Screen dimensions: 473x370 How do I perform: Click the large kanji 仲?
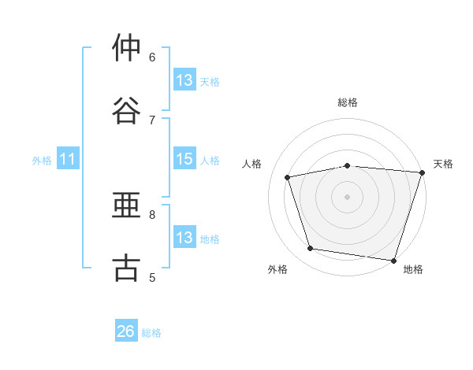coord(126,47)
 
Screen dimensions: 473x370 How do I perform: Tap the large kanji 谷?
coord(126,110)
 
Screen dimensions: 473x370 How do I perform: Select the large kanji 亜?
coord(126,205)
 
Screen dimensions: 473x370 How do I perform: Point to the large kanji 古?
coord(126,267)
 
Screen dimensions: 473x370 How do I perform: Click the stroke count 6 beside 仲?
coord(152,57)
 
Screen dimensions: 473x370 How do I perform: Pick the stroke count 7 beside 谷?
coord(152,120)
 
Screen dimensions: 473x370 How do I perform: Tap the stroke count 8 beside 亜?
coord(152,215)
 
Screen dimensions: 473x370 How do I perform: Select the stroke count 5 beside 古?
coord(152,277)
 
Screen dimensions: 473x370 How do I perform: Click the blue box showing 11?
coord(68,158)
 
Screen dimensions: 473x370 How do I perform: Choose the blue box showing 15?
coord(184,158)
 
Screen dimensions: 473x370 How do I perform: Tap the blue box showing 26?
coord(126,330)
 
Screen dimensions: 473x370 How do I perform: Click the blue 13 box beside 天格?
coord(184,80)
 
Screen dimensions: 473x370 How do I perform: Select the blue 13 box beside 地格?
coord(184,236)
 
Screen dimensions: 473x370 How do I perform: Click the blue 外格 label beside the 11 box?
coord(42,161)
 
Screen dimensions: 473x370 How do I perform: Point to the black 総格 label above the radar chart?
coord(348,102)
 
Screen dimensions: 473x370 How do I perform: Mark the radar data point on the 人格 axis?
coord(287,177)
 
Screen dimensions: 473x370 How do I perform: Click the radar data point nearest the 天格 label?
coord(423,172)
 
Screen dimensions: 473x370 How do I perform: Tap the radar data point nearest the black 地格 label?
coord(393,261)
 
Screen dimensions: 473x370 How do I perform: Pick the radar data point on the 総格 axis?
coord(348,166)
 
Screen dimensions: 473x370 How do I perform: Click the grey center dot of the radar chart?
coord(347,197)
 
